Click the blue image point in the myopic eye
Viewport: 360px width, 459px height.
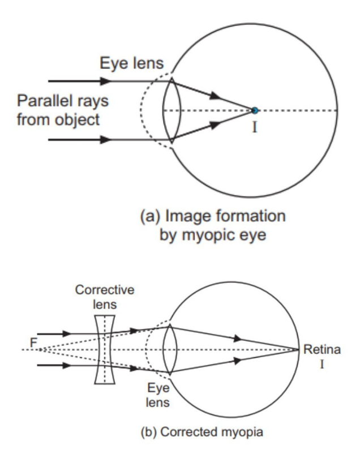click(x=255, y=109)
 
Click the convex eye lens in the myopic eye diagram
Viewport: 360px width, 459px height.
click(x=173, y=109)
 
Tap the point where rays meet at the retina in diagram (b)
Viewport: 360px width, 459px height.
click(x=299, y=349)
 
